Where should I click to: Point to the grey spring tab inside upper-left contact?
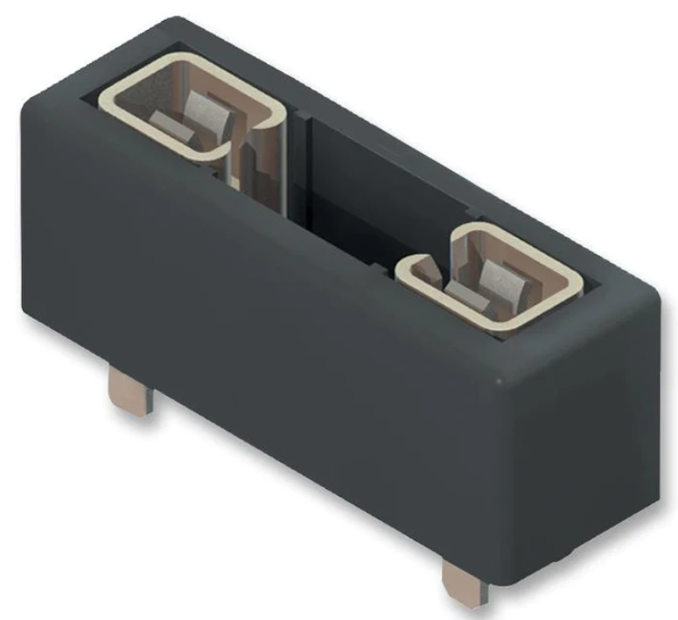pyautogui.click(x=210, y=113)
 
